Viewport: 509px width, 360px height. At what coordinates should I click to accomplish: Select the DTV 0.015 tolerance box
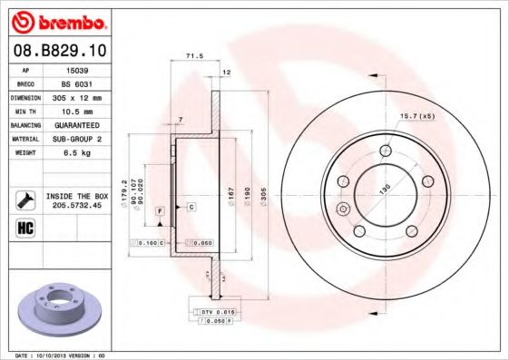[x=211, y=311]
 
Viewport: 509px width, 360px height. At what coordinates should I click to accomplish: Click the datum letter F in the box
[x=159, y=210]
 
